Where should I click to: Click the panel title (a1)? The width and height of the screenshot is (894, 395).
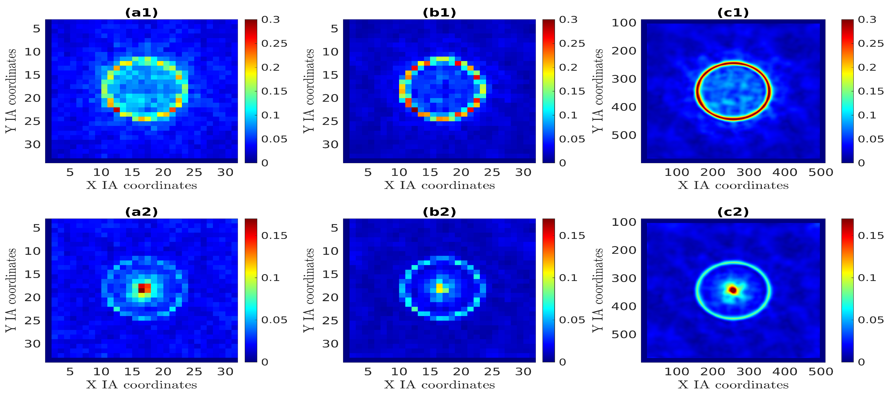[x=141, y=13]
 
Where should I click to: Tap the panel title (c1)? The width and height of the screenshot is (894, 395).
[x=733, y=13]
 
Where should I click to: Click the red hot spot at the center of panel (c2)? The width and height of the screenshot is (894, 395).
[x=733, y=289]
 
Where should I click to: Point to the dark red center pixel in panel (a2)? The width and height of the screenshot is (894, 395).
[x=141, y=288]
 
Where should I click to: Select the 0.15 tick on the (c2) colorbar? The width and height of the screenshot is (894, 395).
[x=870, y=236]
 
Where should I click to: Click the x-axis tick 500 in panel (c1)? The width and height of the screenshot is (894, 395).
[x=820, y=172]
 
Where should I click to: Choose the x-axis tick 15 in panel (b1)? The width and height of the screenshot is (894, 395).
[x=430, y=172]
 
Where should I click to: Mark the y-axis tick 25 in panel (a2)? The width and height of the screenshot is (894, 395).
[x=32, y=321]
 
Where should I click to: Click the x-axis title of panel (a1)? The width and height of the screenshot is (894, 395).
[x=141, y=185]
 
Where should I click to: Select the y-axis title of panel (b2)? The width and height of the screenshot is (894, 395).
[x=309, y=290]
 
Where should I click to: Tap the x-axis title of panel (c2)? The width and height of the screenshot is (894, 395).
[x=733, y=385]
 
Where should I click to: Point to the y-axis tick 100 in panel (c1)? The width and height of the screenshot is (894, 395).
[x=624, y=23]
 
